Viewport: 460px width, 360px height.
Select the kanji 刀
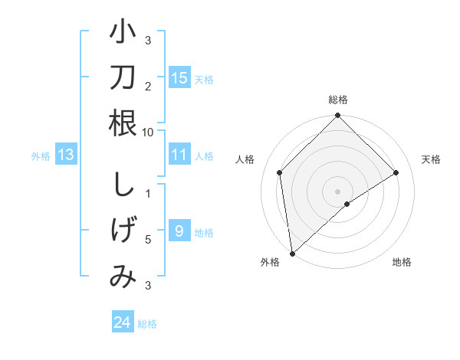[123, 77]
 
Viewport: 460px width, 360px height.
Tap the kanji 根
[123, 123]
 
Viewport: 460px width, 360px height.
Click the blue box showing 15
[179, 78]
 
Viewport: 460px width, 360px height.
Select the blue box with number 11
[179, 155]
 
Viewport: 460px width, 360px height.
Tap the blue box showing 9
[179, 231]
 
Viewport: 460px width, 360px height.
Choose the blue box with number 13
[66, 155]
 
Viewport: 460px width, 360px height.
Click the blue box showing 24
[123, 322]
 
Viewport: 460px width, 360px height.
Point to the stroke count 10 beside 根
[148, 132]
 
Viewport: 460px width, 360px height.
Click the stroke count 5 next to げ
[148, 240]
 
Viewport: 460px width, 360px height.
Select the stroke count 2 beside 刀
[148, 86]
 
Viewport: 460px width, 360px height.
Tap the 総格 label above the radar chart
[338, 100]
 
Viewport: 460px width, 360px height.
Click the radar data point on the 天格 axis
[396, 172]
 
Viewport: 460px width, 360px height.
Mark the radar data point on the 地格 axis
[347, 204]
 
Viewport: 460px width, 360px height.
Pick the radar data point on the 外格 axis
[292, 253]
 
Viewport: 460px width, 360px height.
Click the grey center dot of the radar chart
[338, 191]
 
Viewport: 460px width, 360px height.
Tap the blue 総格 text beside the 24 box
[148, 324]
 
